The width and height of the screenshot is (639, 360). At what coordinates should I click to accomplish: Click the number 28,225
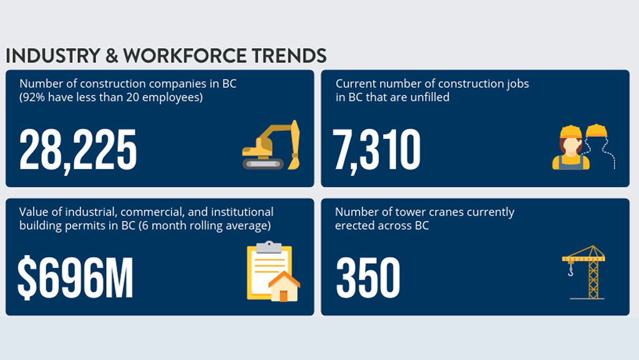(x=77, y=150)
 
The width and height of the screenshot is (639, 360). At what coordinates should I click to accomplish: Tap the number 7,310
(x=377, y=150)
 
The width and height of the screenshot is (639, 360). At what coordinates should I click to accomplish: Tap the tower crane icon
(x=585, y=271)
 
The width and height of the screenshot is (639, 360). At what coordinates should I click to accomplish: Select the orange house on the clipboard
(x=284, y=287)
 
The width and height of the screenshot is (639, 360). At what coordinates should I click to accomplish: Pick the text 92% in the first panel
(x=36, y=97)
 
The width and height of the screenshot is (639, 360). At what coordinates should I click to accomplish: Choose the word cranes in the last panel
(x=440, y=212)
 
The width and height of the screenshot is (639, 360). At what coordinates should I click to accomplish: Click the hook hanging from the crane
(x=570, y=270)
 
